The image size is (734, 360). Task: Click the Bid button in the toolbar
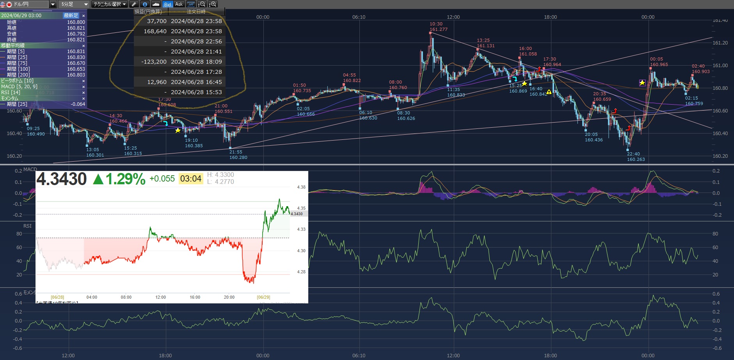[167, 4]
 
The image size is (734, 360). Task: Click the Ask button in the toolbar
[179, 4]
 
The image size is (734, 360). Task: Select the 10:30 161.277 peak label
[438, 27]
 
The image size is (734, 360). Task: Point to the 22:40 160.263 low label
[636, 157]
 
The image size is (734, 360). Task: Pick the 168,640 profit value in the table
[155, 31]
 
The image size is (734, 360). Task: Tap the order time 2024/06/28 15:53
[196, 92]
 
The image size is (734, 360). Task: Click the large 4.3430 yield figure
[62, 179]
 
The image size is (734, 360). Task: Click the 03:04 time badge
[191, 179]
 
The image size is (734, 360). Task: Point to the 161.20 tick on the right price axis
[720, 43]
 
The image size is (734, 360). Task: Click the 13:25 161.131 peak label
[485, 43]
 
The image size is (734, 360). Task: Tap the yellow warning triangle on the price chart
[549, 92]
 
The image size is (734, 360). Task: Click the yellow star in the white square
[642, 83]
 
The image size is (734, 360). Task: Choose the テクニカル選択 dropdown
[110, 4]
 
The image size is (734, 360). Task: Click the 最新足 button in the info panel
[71, 16]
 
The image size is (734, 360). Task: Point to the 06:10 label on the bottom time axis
[359, 355]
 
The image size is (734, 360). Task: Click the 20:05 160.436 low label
[594, 137]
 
